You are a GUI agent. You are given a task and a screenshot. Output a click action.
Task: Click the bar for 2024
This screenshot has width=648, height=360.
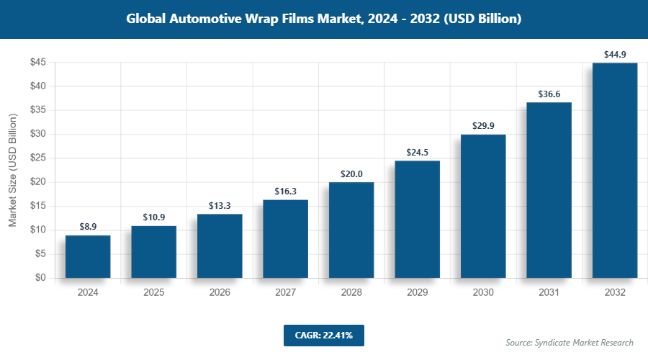tap(88, 256)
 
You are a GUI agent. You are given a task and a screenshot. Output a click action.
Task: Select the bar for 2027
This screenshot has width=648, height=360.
tap(285, 238)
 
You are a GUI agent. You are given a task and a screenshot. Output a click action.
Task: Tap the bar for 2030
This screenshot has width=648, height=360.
tap(483, 206)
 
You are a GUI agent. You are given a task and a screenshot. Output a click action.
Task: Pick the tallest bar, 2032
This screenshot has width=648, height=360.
tap(615, 170)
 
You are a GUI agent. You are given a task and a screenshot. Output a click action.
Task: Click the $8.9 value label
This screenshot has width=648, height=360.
tap(88, 227)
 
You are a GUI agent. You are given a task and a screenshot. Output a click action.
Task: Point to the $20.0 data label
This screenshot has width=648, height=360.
tap(351, 174)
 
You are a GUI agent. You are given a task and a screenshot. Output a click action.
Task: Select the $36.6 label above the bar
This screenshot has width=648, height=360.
tap(549, 94)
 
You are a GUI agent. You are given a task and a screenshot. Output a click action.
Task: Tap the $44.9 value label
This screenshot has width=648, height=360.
tap(615, 54)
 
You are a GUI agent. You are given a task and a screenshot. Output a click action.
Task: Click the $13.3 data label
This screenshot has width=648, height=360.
tap(220, 205)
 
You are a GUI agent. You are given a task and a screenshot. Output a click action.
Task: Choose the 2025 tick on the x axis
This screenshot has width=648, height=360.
tap(153, 292)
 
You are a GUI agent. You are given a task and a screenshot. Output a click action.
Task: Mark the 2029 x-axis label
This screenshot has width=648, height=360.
tap(417, 292)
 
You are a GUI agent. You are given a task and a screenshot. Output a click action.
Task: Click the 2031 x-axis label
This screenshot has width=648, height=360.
tap(549, 292)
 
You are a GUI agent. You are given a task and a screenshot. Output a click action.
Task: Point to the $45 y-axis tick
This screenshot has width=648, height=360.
tap(38, 63)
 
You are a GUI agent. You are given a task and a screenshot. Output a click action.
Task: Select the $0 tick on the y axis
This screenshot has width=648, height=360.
tap(41, 278)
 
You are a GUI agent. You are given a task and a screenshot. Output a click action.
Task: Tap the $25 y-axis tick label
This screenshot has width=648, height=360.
tap(38, 158)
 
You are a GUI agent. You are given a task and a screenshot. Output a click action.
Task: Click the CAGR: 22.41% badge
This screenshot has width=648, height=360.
tap(323, 335)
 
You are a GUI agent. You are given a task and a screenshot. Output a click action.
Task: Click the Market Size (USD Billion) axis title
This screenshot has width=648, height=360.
tap(13, 170)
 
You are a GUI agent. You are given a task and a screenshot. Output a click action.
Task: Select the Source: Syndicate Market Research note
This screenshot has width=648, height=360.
tap(570, 342)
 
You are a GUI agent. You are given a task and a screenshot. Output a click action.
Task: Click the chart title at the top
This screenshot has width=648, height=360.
tap(323, 19)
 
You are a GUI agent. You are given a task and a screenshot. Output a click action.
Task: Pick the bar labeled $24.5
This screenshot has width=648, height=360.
tap(417, 219)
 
